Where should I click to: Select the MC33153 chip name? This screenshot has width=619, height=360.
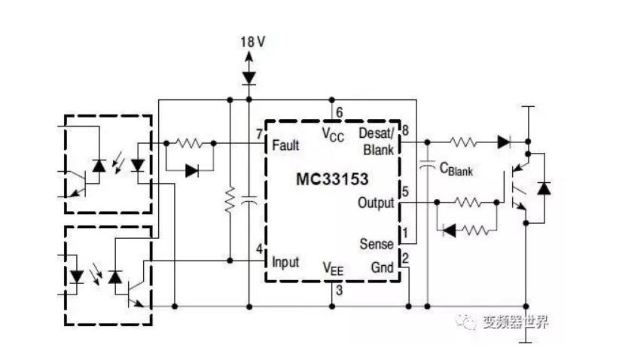[x=331, y=180]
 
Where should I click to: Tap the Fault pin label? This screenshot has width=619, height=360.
[x=285, y=144]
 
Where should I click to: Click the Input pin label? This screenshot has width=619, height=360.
[x=285, y=262]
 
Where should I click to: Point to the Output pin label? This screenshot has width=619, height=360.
[x=376, y=203]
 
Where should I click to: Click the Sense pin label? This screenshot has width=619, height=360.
[x=377, y=243]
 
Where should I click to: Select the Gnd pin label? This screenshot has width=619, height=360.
[x=383, y=267]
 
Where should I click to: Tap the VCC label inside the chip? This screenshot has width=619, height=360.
[x=332, y=134]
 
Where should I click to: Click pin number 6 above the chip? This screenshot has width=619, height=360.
[x=340, y=113]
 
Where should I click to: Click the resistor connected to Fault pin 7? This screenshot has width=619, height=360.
[x=189, y=142]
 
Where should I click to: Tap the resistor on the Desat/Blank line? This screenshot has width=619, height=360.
[x=462, y=141]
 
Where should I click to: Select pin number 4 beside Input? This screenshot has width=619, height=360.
[x=258, y=249]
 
